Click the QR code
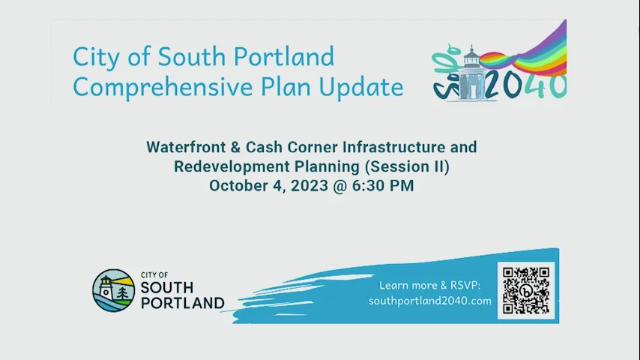point(526,290)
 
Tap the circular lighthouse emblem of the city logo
point(113,290)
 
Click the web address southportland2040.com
point(430,301)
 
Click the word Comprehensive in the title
point(152,87)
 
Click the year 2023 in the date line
point(309,185)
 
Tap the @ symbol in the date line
point(339,185)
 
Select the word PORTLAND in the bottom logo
point(182,303)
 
